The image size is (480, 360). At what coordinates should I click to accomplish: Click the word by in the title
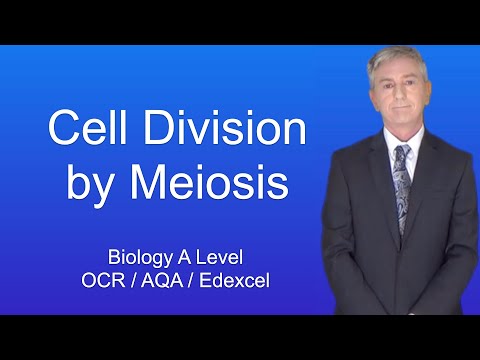92,185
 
